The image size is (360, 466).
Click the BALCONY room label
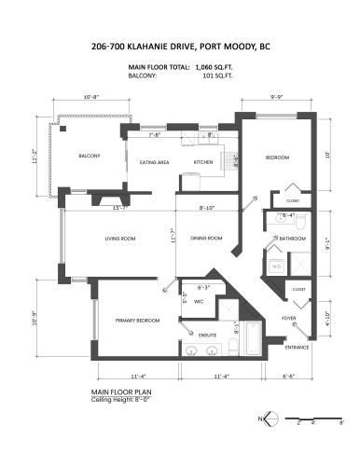(90, 156)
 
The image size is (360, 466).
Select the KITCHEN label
(204, 163)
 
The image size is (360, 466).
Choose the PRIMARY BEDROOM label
(137, 320)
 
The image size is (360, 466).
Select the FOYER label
(289, 318)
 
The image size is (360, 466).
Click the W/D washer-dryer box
(276, 267)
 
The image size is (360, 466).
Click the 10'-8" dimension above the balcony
(92, 96)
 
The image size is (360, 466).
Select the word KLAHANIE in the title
(166, 45)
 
